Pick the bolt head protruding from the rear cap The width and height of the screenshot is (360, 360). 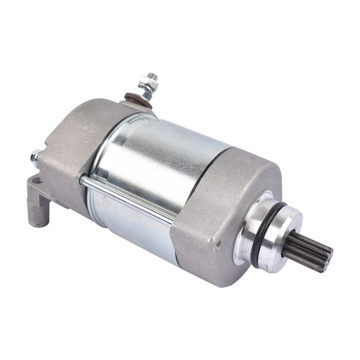pos(35,156)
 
